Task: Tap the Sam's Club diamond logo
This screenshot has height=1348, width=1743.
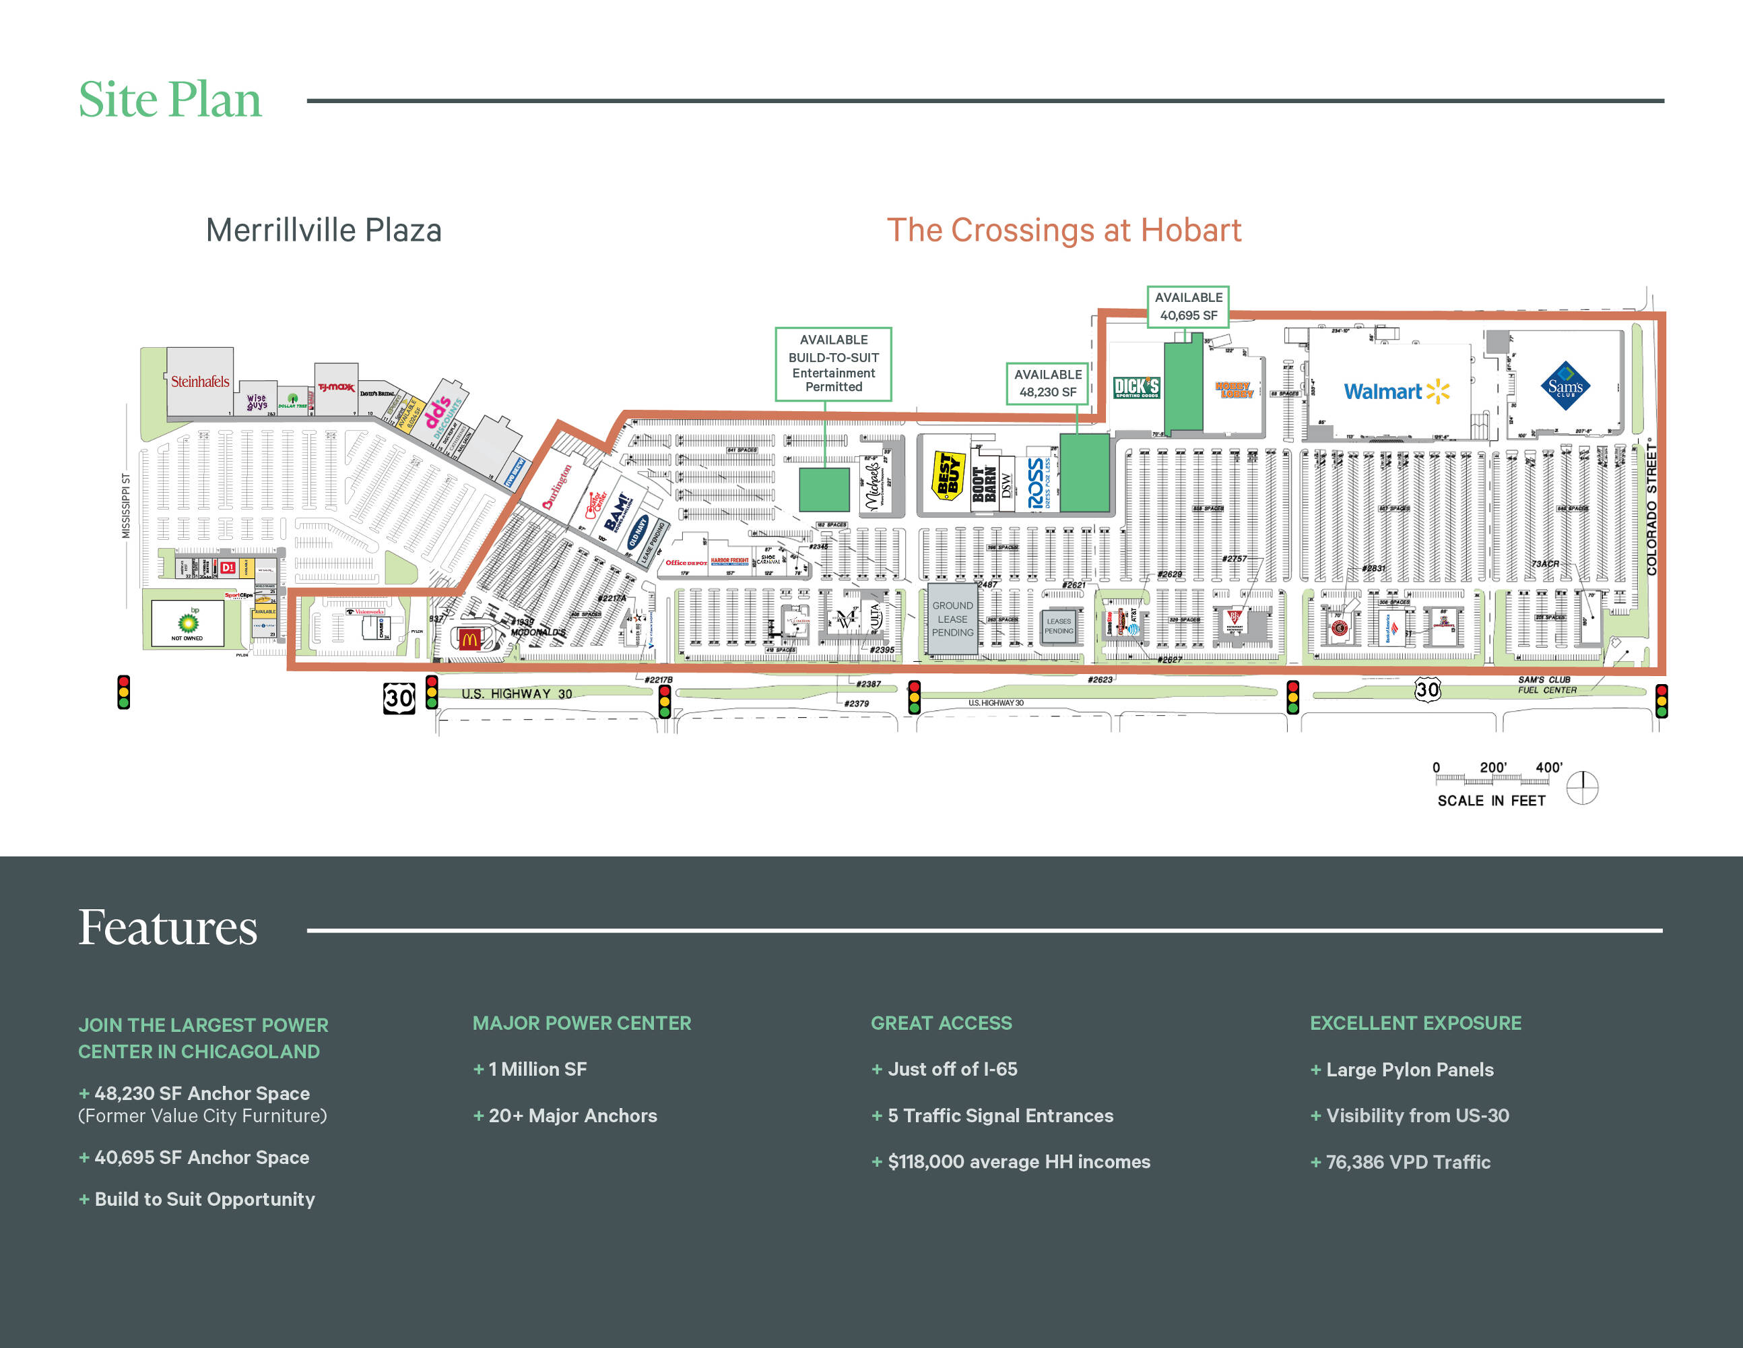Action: [x=1565, y=386]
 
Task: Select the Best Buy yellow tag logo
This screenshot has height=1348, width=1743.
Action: [x=948, y=476]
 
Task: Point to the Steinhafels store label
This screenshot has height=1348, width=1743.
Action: [x=199, y=381]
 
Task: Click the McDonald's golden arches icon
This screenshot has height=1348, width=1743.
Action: [x=469, y=639]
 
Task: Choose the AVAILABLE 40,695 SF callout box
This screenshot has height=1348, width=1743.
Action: [x=1187, y=307]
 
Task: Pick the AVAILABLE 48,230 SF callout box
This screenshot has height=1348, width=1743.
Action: [x=1047, y=384]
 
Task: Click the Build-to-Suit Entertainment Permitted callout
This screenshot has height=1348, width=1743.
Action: [x=833, y=364]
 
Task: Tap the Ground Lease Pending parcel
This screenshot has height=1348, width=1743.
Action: [x=952, y=619]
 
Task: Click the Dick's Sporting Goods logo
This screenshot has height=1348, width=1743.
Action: [x=1136, y=388]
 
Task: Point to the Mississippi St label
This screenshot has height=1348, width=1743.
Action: [x=126, y=506]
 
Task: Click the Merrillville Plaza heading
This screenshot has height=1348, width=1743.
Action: [x=323, y=230]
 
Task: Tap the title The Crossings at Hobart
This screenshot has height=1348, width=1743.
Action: [x=1064, y=230]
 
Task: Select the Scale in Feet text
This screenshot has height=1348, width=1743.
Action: [x=1491, y=801]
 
